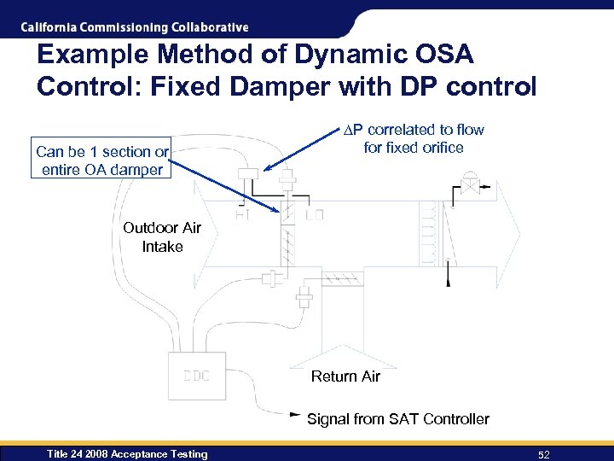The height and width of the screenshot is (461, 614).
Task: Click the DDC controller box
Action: tap(197, 376)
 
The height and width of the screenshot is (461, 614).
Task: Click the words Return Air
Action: tap(345, 376)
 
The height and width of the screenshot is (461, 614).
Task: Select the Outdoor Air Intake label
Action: tap(162, 236)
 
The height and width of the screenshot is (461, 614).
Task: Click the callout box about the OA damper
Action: tap(101, 160)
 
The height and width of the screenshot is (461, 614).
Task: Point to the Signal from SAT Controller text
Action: tap(397, 419)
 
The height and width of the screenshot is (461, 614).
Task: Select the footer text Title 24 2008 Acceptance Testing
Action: tap(127, 454)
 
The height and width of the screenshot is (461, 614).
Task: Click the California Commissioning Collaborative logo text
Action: tap(135, 27)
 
